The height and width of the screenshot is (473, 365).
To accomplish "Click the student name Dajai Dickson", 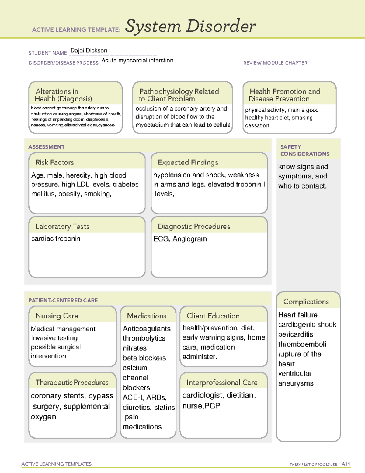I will point(89,51).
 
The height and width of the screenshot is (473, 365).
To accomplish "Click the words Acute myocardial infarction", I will point(137,60).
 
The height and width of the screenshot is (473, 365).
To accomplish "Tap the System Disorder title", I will point(190,26).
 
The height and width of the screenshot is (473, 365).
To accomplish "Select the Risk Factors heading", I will point(55,162).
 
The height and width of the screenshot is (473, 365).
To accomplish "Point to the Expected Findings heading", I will point(188,162).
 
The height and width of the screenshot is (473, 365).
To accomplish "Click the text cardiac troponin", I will point(56,238).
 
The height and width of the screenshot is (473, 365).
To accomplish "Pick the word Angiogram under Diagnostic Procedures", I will point(190,239).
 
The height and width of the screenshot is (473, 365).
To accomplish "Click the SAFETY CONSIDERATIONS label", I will point(304,150).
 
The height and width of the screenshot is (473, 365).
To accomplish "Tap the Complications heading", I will point(306,302).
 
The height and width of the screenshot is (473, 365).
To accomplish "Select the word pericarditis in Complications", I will point(296,334).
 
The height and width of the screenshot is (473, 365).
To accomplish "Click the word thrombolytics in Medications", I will point(144,338).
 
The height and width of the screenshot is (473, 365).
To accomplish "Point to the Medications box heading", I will point(147,316).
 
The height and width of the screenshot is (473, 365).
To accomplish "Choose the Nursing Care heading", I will point(57,316).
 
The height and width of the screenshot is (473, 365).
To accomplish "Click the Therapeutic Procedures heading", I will point(72,382).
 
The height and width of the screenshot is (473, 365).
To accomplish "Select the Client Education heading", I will point(213,316).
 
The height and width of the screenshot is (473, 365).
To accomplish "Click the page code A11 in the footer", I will point(346,464).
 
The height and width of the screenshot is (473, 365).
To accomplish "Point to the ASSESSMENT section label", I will point(47,147).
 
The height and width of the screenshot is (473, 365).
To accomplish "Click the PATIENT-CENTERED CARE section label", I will point(63,300).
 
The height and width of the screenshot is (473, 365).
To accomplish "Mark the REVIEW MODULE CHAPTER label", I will point(275,63).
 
